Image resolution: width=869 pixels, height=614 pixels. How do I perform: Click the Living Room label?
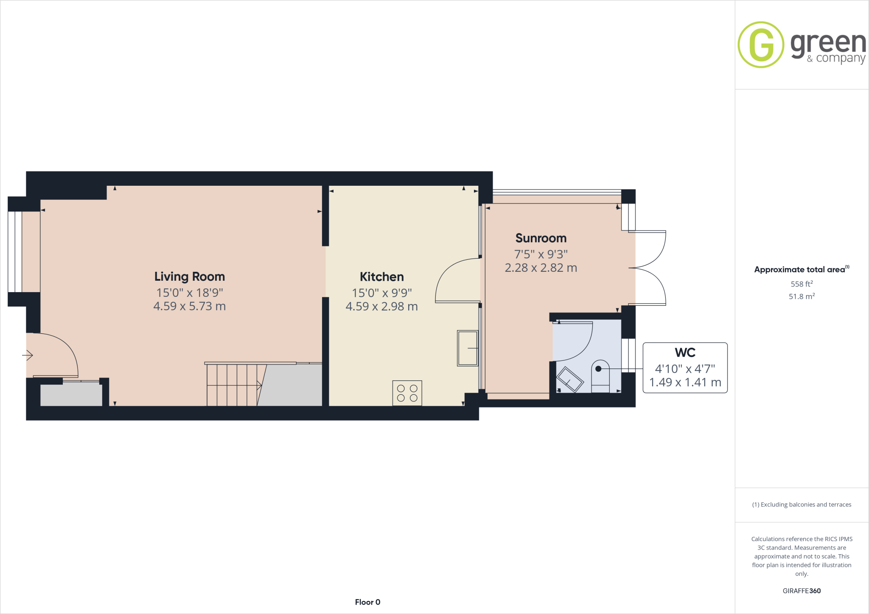(189, 276)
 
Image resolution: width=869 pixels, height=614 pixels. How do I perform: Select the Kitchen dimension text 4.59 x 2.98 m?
(381, 307)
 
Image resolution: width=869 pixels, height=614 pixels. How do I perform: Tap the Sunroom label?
(541, 238)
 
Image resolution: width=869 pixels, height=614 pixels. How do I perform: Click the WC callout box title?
(685, 352)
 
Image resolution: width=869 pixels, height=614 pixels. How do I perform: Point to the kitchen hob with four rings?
(407, 393)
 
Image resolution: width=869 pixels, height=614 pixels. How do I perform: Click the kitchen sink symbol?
(467, 348)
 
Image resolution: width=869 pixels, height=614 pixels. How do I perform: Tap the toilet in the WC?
(600, 376)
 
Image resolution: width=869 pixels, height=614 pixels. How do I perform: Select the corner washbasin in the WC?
(569, 380)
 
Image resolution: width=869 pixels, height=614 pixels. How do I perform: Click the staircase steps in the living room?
(232, 385)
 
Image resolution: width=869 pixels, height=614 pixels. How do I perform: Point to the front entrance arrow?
(28, 355)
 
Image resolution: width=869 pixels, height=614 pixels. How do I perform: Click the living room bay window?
(15, 252)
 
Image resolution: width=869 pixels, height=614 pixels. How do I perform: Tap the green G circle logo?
(761, 45)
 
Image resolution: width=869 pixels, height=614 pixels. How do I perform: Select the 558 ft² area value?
(801, 284)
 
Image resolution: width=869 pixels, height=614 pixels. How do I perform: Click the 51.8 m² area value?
(801, 296)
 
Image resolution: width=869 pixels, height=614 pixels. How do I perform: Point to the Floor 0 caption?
(367, 602)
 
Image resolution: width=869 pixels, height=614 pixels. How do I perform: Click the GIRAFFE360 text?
(801, 591)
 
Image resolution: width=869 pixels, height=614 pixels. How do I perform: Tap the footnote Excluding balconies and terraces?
(801, 505)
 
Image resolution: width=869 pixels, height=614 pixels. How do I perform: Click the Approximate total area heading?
(799, 270)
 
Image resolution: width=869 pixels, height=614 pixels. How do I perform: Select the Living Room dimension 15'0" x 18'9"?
(189, 293)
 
